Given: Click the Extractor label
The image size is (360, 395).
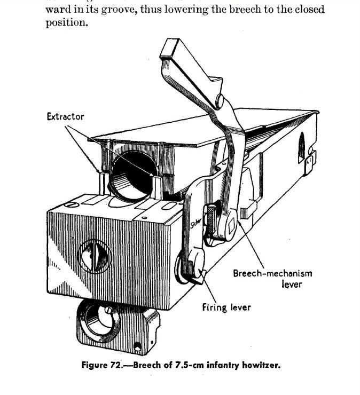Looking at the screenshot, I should coord(65,116).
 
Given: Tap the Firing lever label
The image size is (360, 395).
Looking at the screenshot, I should coord(226,307).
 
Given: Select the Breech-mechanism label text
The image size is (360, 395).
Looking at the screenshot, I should coord(272,273).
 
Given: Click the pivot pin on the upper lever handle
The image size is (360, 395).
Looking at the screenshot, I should coord(219,100).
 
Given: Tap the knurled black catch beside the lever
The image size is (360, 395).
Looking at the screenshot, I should coord(212,219).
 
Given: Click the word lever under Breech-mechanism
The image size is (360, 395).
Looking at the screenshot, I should coord(292,284).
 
